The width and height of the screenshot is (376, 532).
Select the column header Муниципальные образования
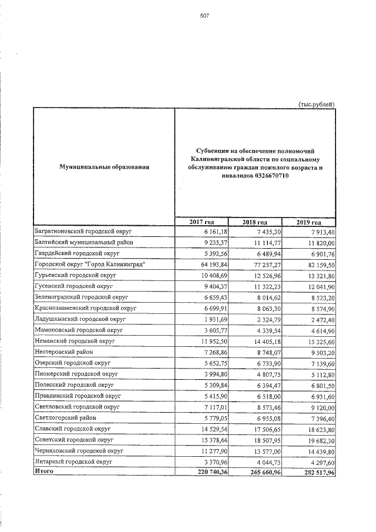pos(104,168)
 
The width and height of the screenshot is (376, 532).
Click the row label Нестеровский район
pos(63,352)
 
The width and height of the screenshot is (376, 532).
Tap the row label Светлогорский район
pos(65,417)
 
